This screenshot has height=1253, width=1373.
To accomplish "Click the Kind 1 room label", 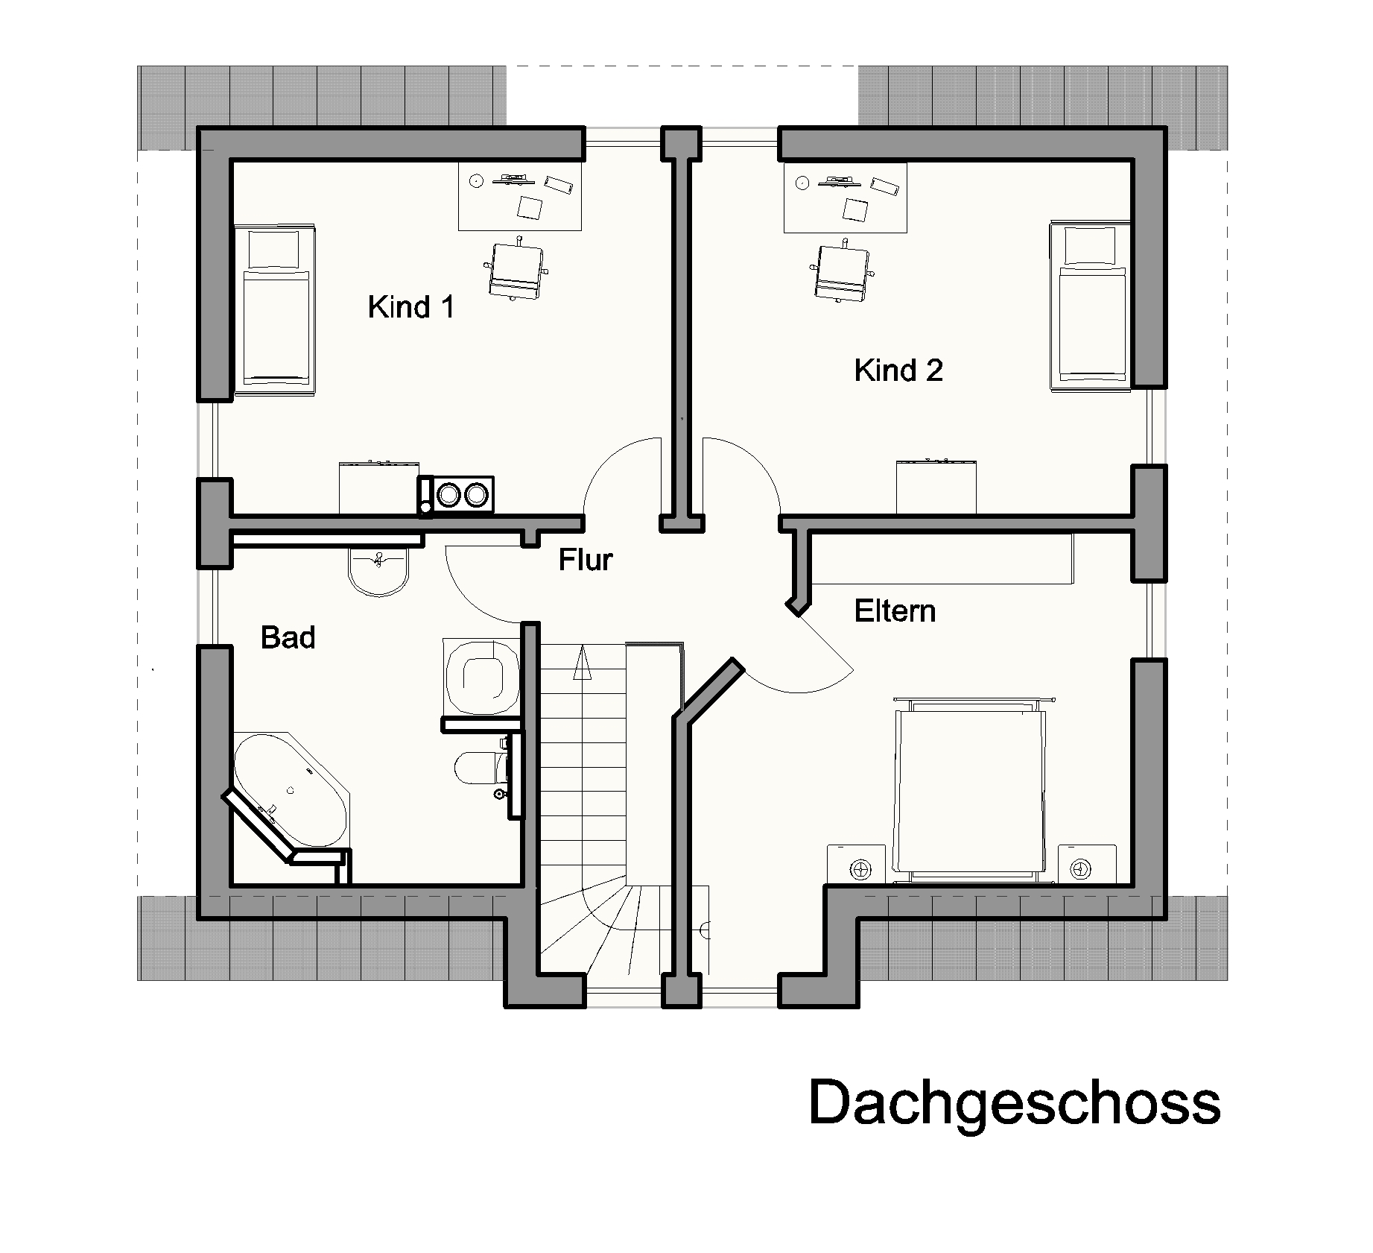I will pyautogui.click(x=410, y=307).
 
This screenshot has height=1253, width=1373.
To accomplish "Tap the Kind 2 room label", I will pyautogui.click(x=898, y=370).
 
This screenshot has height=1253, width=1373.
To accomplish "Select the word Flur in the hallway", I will pyautogui.click(x=586, y=560).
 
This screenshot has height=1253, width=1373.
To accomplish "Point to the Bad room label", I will pyautogui.click(x=288, y=638).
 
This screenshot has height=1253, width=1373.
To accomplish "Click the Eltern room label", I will pyautogui.click(x=894, y=611).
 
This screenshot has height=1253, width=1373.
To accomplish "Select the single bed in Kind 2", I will pyautogui.click(x=1089, y=305).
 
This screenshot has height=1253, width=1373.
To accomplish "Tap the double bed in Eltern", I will pyautogui.click(x=969, y=790).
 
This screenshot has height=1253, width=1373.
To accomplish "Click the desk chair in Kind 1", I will pyautogui.click(x=515, y=269).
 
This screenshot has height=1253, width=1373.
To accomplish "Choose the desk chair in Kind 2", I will pyautogui.click(x=842, y=273).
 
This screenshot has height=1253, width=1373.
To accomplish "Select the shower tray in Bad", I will pyautogui.click(x=481, y=675).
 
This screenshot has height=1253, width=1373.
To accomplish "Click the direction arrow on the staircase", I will pyautogui.click(x=582, y=663).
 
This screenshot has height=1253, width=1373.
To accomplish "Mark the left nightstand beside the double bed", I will pyautogui.click(x=857, y=865).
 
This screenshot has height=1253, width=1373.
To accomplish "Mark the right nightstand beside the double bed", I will pyautogui.click(x=1086, y=865).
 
